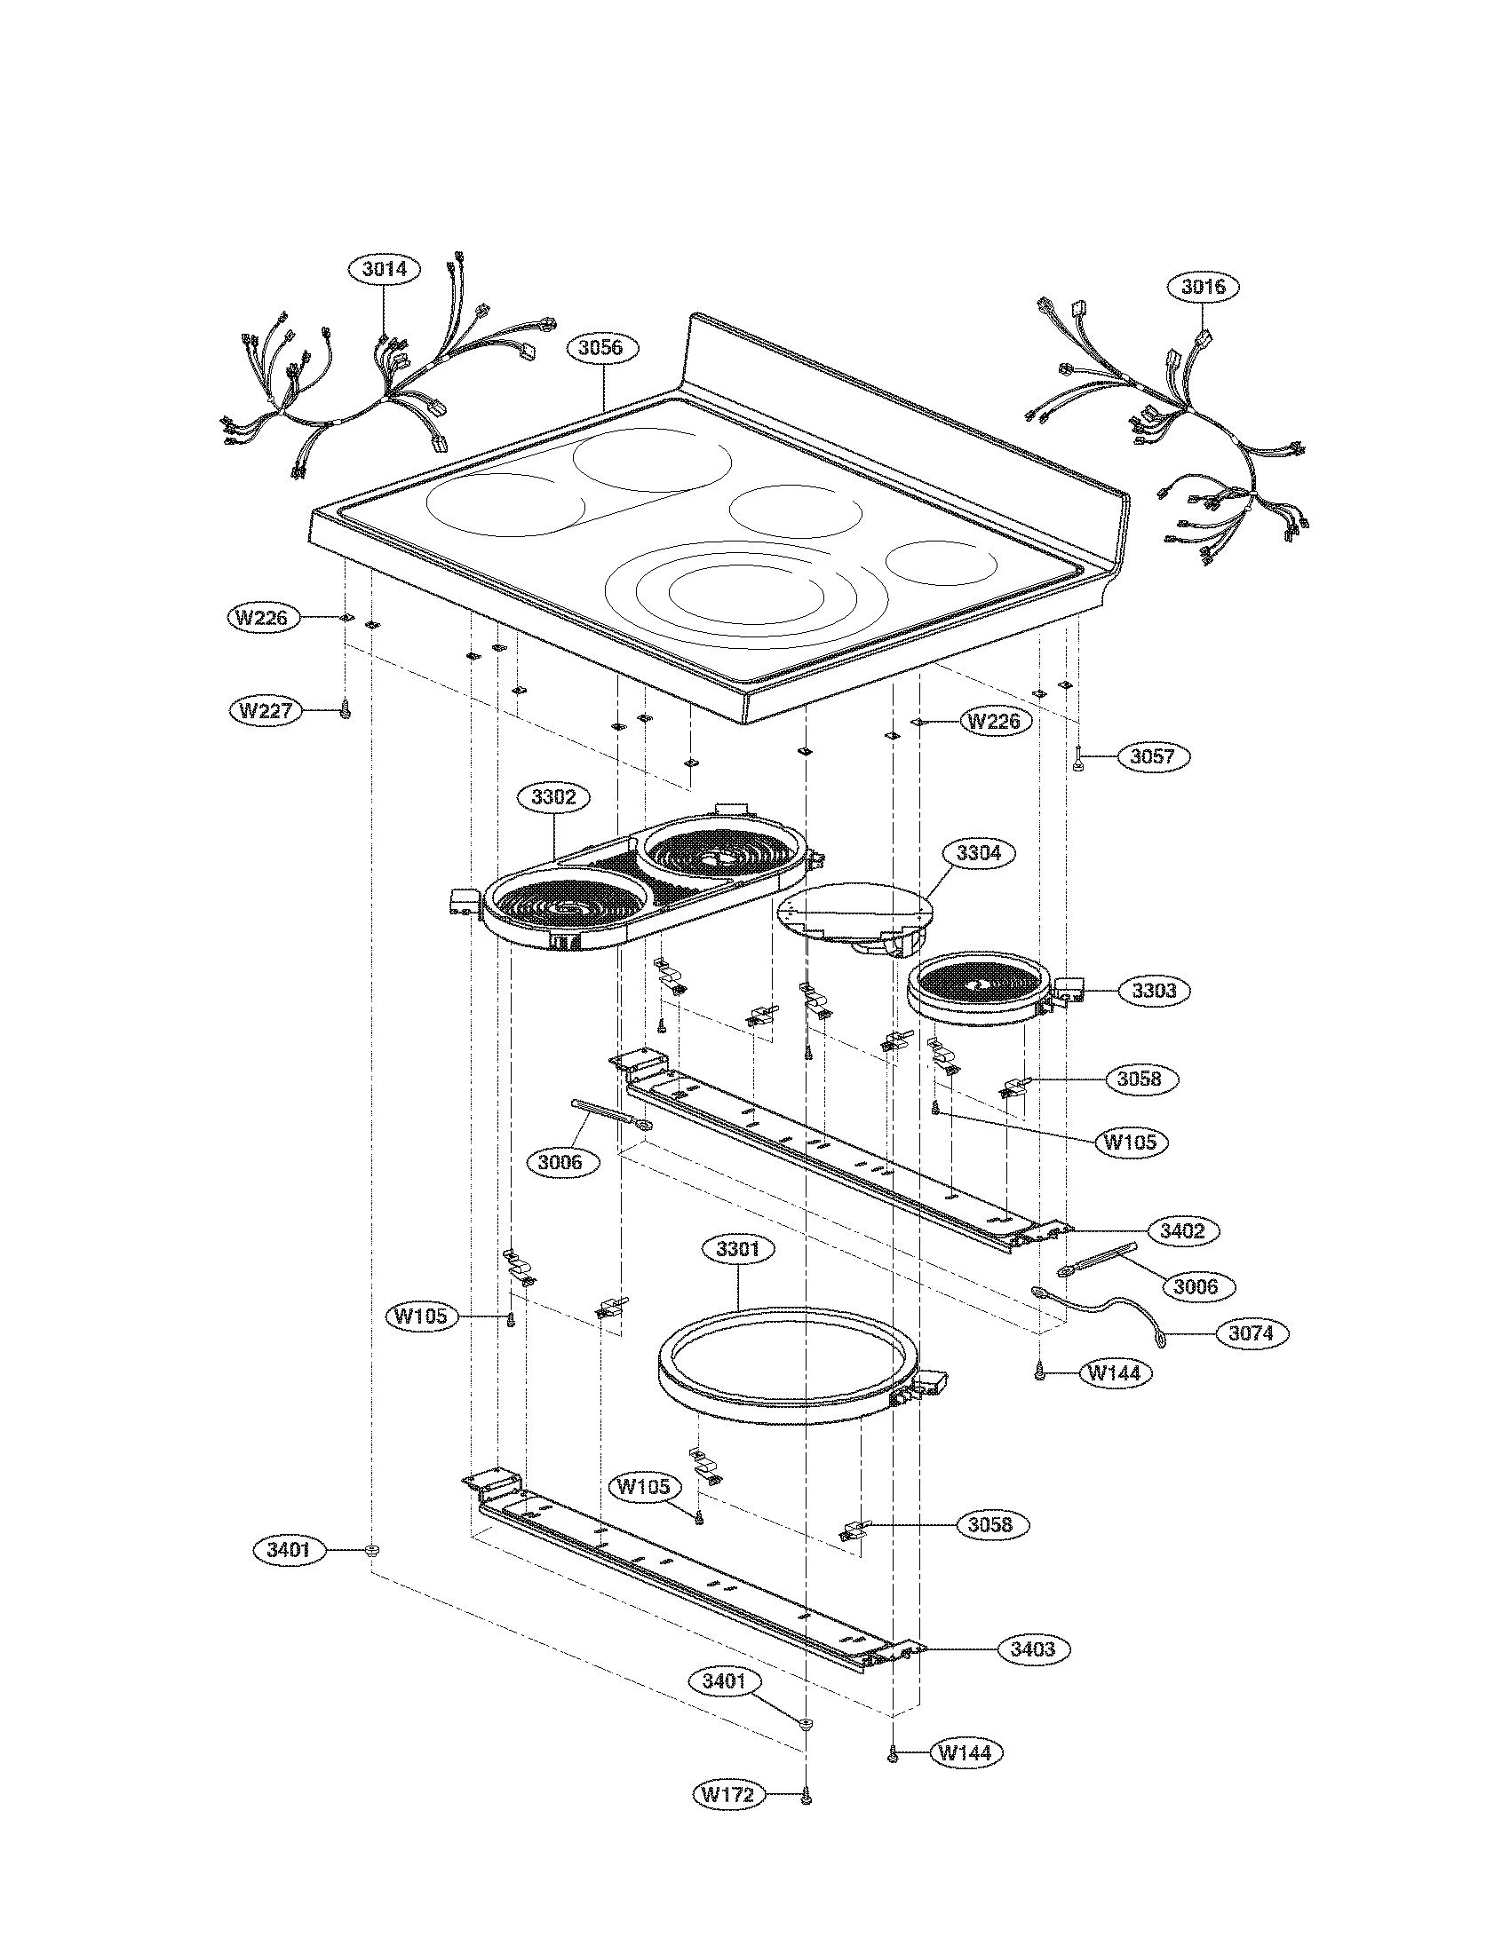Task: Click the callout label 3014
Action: [x=385, y=268]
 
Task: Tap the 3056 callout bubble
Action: [x=600, y=348]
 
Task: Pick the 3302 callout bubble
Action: [x=553, y=797]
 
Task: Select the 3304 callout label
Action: [x=978, y=853]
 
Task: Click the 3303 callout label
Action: [x=1153, y=990]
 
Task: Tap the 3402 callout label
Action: [x=1181, y=1230]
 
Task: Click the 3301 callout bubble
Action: [x=737, y=1249]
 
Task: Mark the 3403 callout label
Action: [x=1032, y=1649]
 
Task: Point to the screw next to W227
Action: [x=344, y=711]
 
